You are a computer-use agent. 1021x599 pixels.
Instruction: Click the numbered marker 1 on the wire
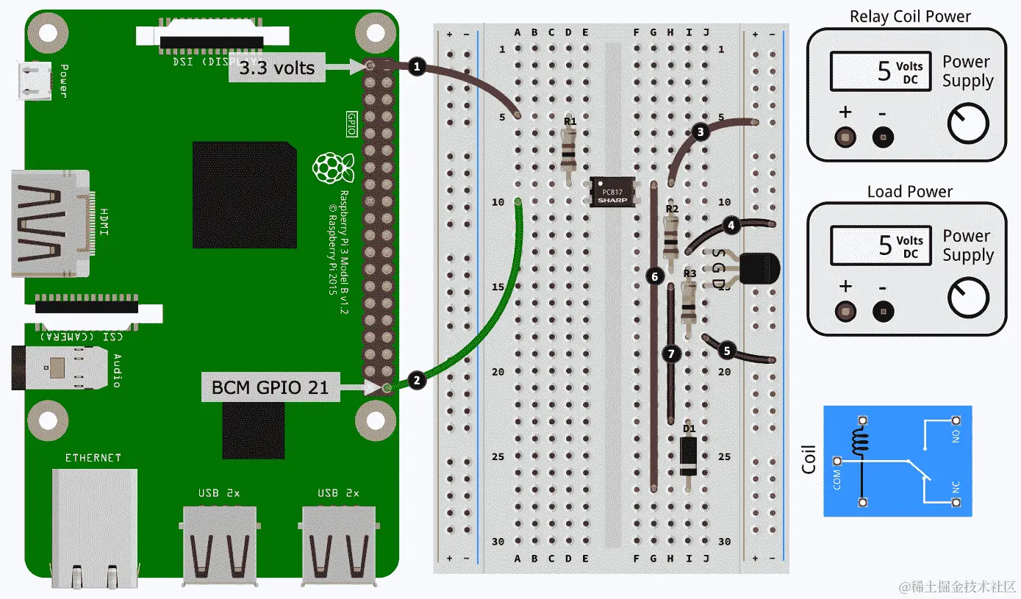pos(417,67)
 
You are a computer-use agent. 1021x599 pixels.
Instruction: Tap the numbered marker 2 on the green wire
pos(417,380)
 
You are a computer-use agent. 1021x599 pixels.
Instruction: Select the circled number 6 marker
pos(653,276)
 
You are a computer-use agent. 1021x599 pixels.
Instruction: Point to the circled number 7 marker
pos(670,353)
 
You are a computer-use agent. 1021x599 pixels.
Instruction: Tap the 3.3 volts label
pos(276,68)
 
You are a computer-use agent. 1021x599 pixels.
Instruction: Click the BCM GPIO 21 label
pos(270,387)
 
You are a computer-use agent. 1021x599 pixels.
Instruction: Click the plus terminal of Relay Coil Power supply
pos(845,137)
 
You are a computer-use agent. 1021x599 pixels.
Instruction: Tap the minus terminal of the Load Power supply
pos(883,311)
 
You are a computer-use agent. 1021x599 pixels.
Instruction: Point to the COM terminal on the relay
pos(836,462)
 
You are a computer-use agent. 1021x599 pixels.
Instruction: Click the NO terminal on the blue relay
pos(956,420)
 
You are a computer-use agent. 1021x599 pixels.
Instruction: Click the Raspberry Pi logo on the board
pos(332,168)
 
